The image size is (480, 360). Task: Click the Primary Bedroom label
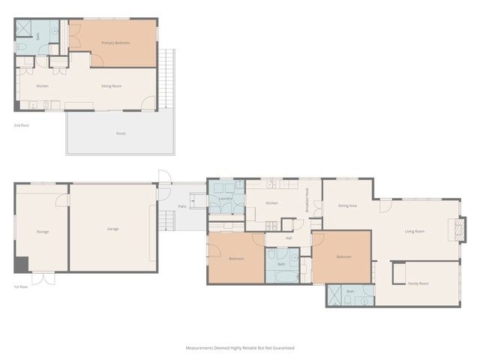pos(115,43)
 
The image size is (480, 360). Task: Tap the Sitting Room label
pos(112,86)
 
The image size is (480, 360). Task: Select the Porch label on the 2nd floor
pos(120,133)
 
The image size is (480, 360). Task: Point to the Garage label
pos(112,229)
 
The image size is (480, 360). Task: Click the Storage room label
pos(43,232)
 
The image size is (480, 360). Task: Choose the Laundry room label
pos(226,199)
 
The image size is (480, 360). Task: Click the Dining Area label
pos(346,205)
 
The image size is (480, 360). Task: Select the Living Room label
pos(415,231)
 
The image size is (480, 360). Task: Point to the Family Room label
pos(418,283)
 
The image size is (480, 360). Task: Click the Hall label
pos(289,238)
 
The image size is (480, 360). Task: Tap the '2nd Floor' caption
pos(22,125)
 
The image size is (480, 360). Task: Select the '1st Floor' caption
pos(21,286)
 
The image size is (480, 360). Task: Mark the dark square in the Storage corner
pos(21,264)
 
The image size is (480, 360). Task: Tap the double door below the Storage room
pos(43,278)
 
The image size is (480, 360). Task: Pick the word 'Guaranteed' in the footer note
pos(281,348)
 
